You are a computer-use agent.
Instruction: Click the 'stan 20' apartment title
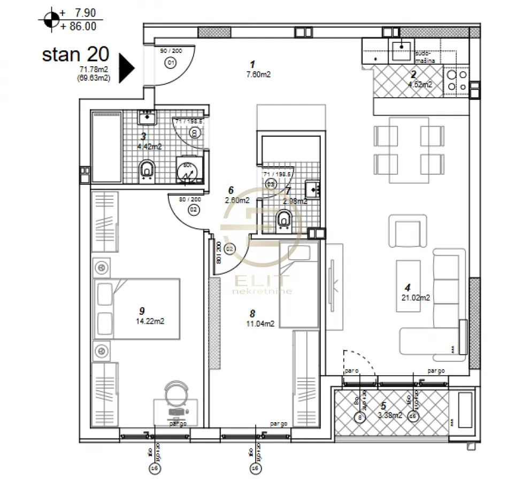(x=75, y=54)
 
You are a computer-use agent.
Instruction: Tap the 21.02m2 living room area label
(x=416, y=298)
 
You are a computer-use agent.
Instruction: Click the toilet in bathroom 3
(x=146, y=170)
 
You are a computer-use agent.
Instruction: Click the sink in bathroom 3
(x=146, y=117)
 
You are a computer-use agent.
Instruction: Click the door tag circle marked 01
(x=171, y=63)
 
